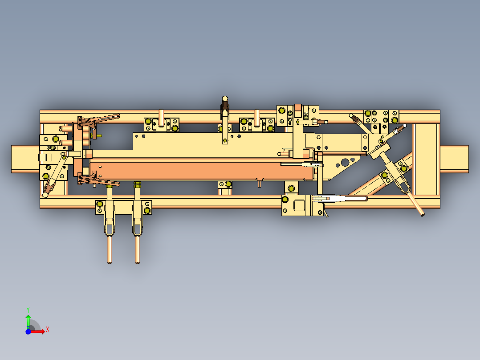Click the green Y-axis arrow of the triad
click(x=28, y=319)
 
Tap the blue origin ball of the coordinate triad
click(x=28, y=331)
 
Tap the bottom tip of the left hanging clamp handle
click(x=110, y=262)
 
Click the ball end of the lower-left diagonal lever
click(x=45, y=194)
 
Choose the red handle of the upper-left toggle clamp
click(x=108, y=118)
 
